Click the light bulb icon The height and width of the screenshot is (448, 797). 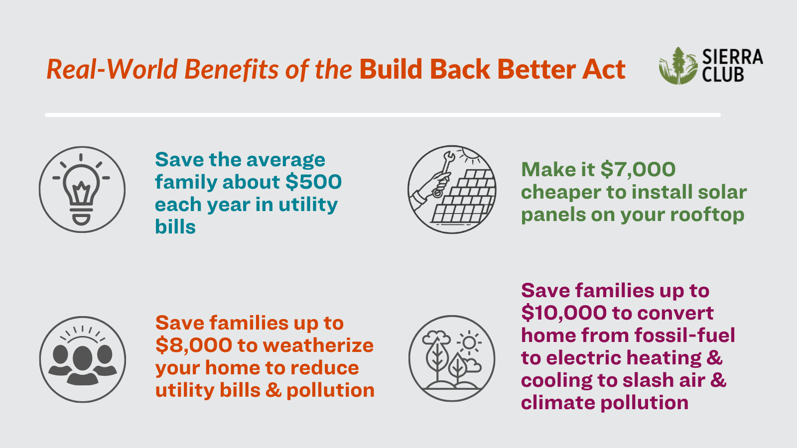click(82, 190)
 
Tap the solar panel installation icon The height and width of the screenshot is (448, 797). click(452, 189)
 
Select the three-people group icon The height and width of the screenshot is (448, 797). click(83, 359)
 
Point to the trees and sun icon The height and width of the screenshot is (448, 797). click(452, 358)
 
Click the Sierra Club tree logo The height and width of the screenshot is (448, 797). click(678, 66)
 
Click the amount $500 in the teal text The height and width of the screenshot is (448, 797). click(313, 182)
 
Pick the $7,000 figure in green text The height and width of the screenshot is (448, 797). click(638, 169)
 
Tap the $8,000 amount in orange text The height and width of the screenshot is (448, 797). click(194, 345)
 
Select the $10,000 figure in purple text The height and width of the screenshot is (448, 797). click(564, 313)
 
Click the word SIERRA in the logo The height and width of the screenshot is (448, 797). click(733, 57)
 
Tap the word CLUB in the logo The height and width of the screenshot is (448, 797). click(723, 74)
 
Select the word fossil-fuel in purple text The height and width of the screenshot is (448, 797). click(684, 335)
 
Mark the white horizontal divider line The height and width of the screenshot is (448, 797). click(383, 115)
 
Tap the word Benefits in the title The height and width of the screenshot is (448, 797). click(231, 69)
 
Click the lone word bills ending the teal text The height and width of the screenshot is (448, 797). click(175, 226)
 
